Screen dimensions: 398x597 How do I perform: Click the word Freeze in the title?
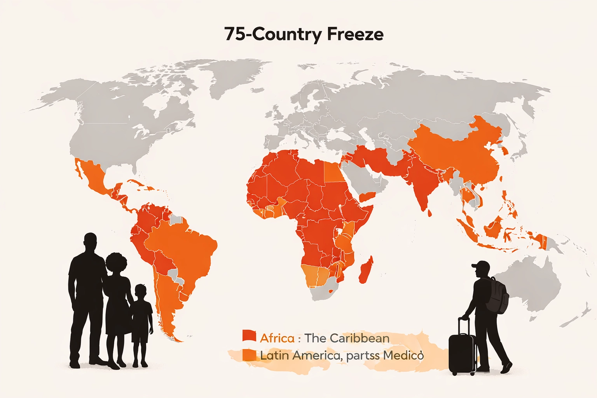tap(355, 34)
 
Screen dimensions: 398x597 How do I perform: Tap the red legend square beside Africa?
tap(249, 336)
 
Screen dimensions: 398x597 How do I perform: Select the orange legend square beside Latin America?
tap(249, 355)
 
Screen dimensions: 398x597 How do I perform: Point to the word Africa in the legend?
tap(277, 338)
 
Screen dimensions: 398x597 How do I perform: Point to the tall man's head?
tap(90, 242)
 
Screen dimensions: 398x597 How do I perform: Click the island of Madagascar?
tap(366, 270)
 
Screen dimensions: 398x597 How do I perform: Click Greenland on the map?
tap(233, 78)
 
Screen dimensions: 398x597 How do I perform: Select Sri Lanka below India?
tap(430, 213)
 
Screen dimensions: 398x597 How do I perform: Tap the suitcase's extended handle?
tap(463, 326)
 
